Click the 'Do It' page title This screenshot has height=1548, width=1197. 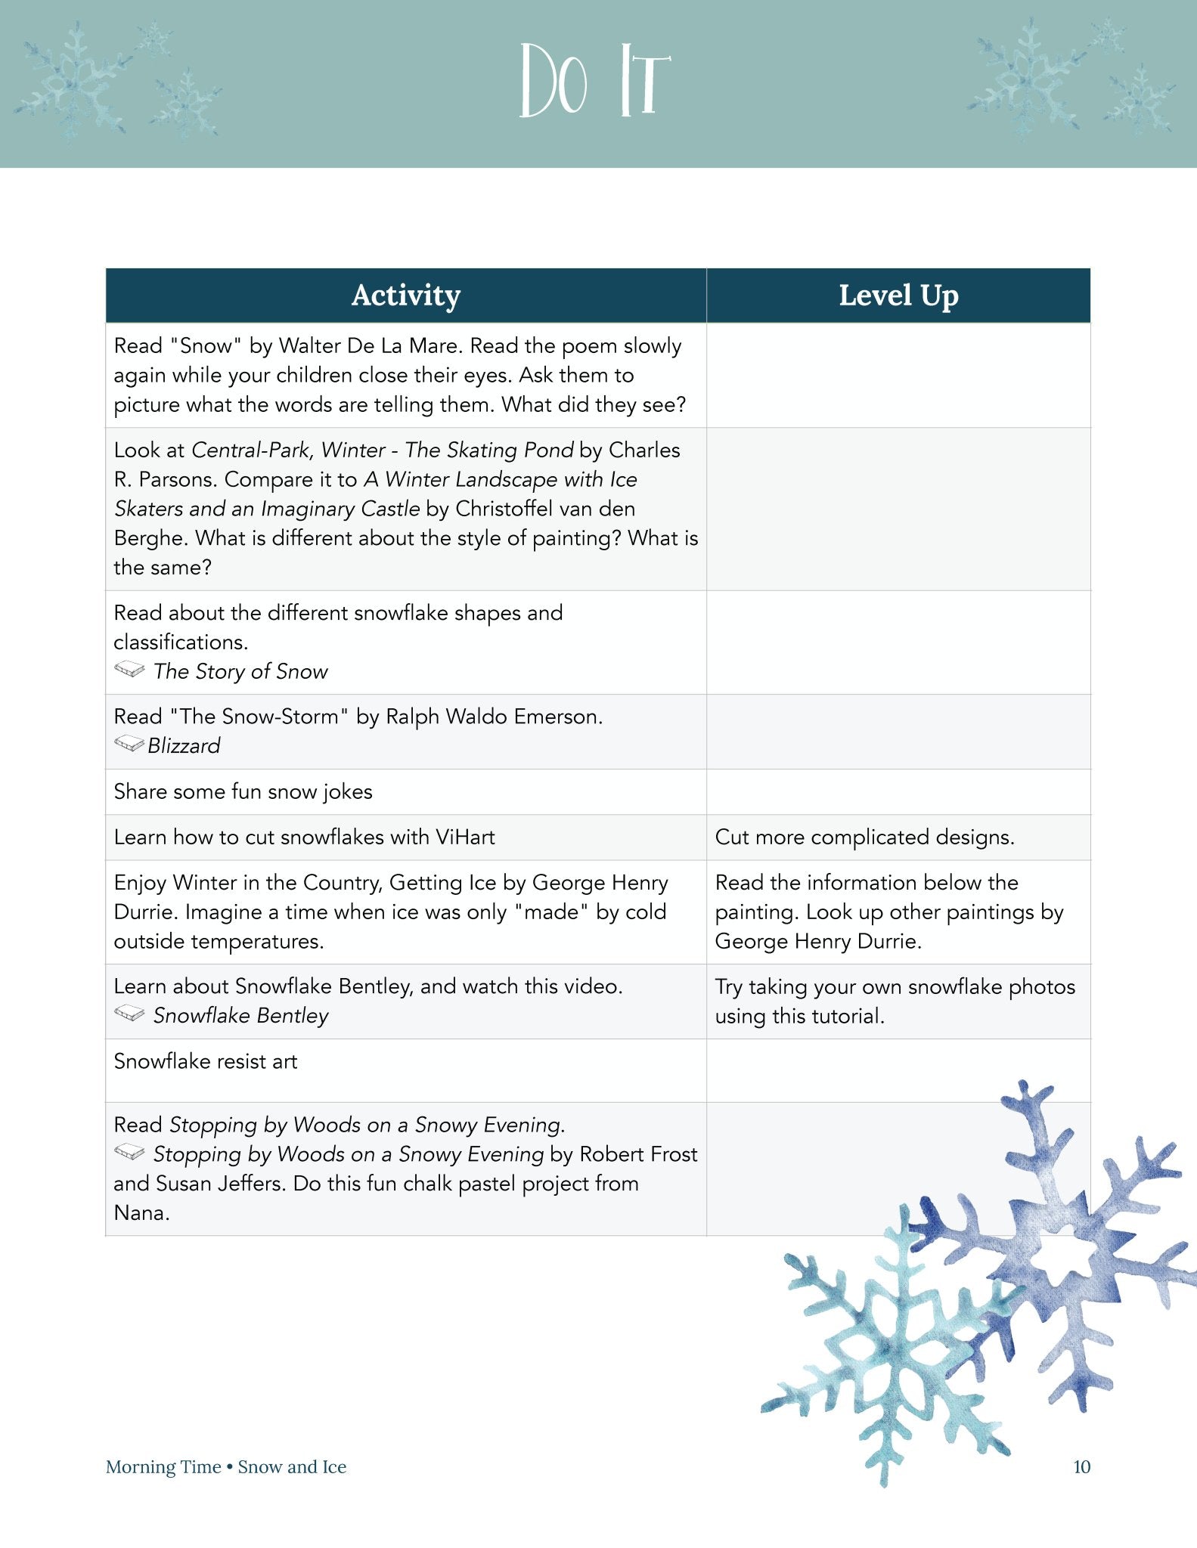(x=595, y=82)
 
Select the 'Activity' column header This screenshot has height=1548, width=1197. (x=406, y=296)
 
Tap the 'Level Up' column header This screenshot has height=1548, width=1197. (x=898, y=296)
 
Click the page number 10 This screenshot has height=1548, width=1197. (x=1081, y=1467)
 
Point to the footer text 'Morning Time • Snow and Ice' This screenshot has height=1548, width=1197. (x=226, y=1467)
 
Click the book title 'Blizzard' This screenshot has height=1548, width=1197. (x=184, y=746)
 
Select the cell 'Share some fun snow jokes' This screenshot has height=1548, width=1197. (x=243, y=792)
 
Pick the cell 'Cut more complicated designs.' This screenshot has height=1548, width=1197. (x=864, y=837)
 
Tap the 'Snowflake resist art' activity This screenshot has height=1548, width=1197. (x=206, y=1061)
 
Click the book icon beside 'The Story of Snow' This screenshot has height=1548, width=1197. (x=129, y=670)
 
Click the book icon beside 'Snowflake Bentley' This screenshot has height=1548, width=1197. (x=129, y=1014)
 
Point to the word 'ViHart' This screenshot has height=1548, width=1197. (x=465, y=837)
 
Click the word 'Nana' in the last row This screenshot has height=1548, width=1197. (x=140, y=1213)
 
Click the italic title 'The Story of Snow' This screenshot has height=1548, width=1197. (x=240, y=672)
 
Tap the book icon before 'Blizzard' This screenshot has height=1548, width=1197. (x=129, y=745)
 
